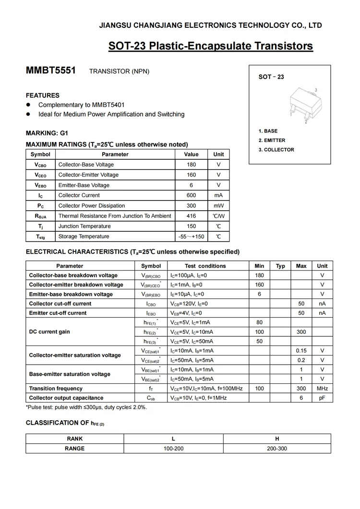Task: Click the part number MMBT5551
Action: [x=50, y=71]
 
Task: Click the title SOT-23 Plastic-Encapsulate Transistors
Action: [x=210, y=46]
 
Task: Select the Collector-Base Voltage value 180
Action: [x=191, y=165]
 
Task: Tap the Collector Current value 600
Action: [x=191, y=195]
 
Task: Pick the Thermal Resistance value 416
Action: [x=191, y=216]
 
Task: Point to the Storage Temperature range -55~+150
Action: [x=191, y=237]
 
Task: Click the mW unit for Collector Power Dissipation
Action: [x=218, y=206]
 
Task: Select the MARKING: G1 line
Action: [x=47, y=133]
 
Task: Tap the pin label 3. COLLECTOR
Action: [x=276, y=150]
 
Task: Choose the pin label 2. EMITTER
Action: [x=272, y=141]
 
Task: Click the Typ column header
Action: [x=281, y=266]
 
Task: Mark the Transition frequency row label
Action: [x=56, y=389]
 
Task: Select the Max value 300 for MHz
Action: [x=301, y=389]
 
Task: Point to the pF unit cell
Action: [x=322, y=398]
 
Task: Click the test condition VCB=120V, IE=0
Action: [x=189, y=304]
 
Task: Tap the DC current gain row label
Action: [x=50, y=332]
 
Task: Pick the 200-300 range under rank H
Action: [x=277, y=449]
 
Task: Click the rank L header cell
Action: [x=173, y=438]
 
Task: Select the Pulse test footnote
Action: [x=86, y=407]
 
